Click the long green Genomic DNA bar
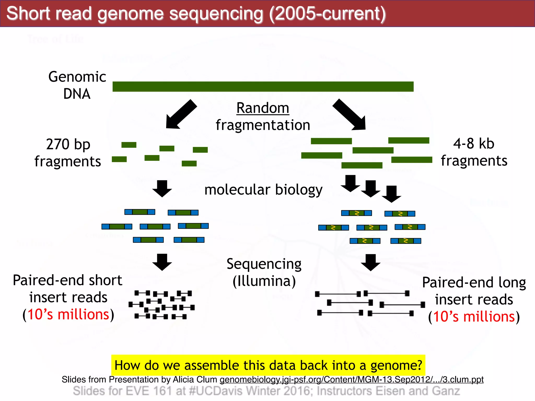[263, 86]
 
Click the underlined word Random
[263, 108]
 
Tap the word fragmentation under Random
[263, 125]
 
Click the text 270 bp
[68, 144]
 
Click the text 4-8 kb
[474, 144]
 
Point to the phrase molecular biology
[263, 190]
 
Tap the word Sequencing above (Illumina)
[264, 264]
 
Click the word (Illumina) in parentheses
[264, 281]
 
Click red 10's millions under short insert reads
[68, 314]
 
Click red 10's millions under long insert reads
[474, 317]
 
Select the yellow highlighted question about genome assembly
[268, 365]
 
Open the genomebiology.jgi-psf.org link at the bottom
[351, 379]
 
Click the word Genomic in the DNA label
[77, 77]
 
